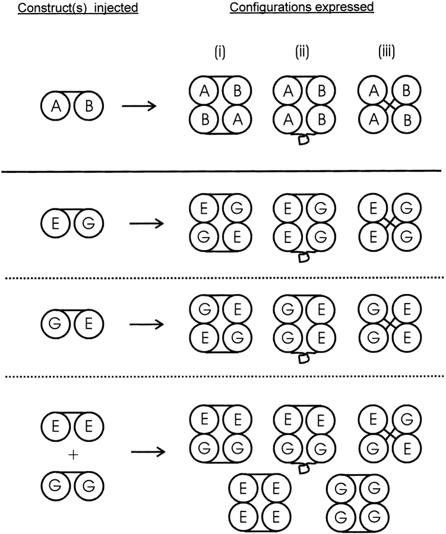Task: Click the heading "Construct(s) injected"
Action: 78,8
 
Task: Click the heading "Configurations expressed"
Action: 302,7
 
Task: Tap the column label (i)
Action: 220,52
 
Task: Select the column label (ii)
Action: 302,52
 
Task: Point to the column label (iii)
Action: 387,52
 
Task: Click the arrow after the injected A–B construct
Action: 139,106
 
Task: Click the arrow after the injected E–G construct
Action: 147,223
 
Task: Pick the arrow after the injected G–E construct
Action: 147,324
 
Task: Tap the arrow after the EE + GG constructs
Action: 148,452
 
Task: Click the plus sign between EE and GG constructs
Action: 73,455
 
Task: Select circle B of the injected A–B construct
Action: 88,106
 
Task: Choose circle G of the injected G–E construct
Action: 55,324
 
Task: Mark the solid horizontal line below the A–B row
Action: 222,171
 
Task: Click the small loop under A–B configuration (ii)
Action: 303,140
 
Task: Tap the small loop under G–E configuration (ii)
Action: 303,358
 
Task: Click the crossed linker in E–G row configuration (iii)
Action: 390,222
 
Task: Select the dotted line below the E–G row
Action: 224,278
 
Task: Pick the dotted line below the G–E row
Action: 224,377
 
